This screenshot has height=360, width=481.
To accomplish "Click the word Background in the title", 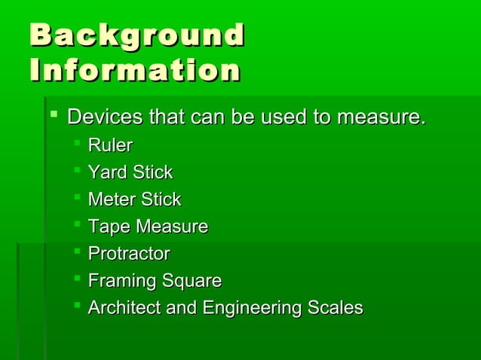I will pos(137,36).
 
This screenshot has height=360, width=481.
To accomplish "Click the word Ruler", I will pos(110,145).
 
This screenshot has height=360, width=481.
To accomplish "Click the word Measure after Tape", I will pos(169,227).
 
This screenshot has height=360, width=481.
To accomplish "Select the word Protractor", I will pos(129,254).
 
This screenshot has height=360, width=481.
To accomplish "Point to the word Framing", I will pos(118,281).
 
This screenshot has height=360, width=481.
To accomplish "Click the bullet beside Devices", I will pos(53,116).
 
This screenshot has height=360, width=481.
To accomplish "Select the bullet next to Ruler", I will pos(77,144).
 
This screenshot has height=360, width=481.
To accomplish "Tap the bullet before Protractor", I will pos(77,252).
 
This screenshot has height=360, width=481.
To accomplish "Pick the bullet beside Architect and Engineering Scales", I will pos(77,307).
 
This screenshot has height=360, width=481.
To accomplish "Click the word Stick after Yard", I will pos(153,172).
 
